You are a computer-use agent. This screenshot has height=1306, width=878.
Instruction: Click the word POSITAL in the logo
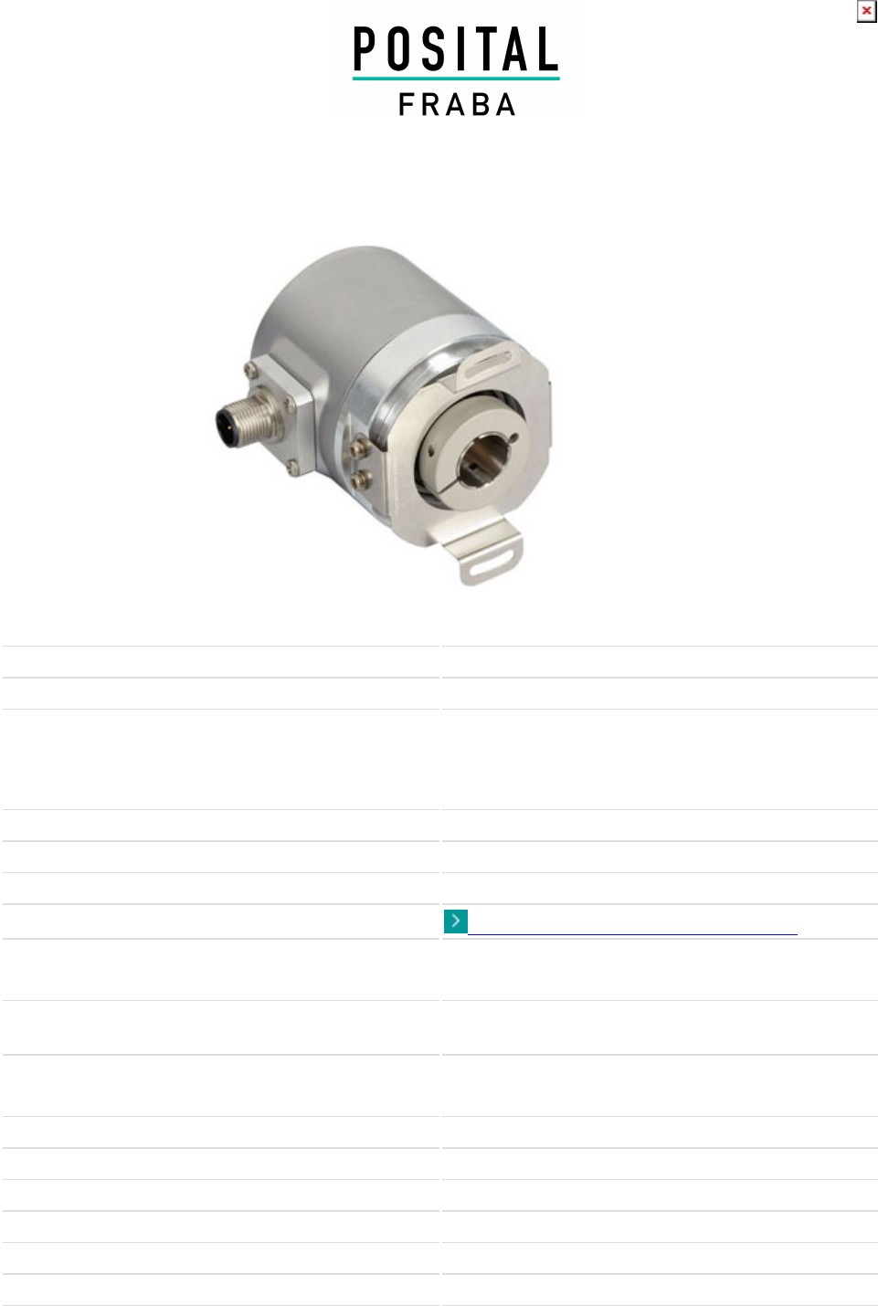point(456,49)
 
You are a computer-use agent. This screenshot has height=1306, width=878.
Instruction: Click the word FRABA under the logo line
point(457,104)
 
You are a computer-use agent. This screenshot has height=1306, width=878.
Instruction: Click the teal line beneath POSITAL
point(456,78)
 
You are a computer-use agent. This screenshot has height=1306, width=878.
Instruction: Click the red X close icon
point(866,11)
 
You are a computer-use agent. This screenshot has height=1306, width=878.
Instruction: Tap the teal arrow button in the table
point(456,922)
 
